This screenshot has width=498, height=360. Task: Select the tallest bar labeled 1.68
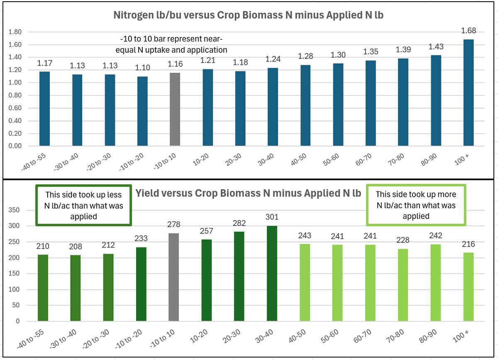coord(468,93)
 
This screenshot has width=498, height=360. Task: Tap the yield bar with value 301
coord(272,273)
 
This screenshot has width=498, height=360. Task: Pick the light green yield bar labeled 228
coord(403,285)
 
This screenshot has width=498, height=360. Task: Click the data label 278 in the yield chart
coord(174,225)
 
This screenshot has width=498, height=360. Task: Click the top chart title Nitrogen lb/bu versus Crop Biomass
coord(248,15)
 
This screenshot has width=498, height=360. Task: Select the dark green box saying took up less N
coord(84,206)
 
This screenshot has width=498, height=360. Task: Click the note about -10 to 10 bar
coord(174,44)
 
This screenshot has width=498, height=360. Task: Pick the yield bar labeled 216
coord(468,287)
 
